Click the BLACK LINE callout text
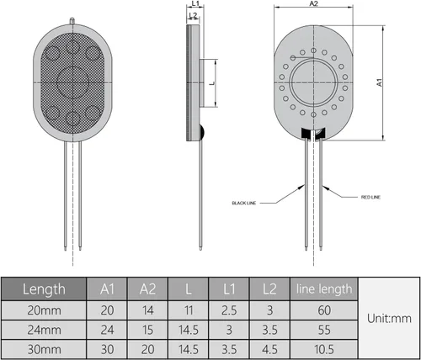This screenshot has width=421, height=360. [244, 203]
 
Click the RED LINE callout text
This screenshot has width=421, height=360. [370, 198]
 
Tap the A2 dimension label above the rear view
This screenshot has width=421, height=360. [313, 3]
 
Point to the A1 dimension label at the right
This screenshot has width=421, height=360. [380, 82]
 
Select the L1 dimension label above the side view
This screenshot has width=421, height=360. [195, 3]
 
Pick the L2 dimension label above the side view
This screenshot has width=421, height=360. [193, 15]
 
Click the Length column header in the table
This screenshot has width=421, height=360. [44, 289]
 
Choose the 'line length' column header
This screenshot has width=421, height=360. [324, 289]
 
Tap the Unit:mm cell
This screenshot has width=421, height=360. [389, 319]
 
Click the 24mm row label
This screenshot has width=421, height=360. [44, 330]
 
